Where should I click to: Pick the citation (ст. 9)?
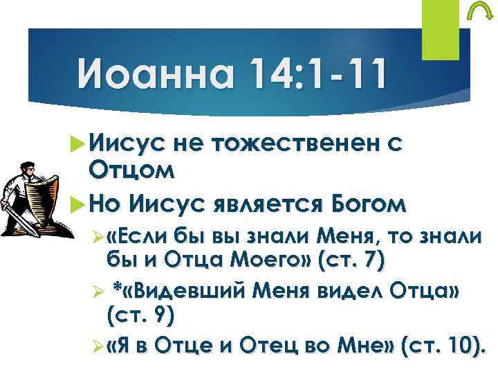click(141, 317)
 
